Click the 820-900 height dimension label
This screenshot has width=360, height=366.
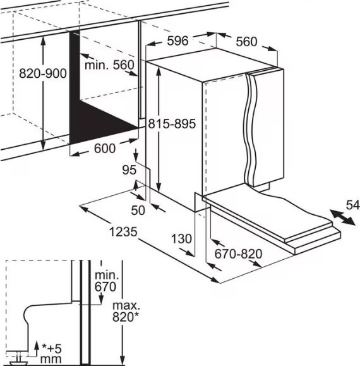click(43, 73)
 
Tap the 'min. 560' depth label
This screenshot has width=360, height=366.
click(109, 65)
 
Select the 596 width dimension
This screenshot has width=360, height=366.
click(177, 40)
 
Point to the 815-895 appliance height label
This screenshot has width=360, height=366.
click(172, 123)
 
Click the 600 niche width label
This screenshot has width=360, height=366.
click(105, 148)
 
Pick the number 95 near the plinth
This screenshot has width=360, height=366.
click(129, 169)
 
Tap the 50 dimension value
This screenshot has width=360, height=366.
click(138, 210)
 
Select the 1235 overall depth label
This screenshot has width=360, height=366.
click(123, 232)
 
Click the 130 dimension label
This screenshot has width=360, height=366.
click(181, 239)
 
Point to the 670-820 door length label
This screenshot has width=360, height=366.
click(238, 253)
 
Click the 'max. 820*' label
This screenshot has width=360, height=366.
click(126, 311)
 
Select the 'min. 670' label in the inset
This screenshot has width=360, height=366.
click(106, 281)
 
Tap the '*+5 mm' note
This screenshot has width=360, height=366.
click(51, 353)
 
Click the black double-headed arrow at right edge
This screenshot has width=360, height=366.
click(342, 217)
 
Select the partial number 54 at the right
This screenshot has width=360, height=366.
click(353, 205)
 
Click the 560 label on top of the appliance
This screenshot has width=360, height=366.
click(246, 42)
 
